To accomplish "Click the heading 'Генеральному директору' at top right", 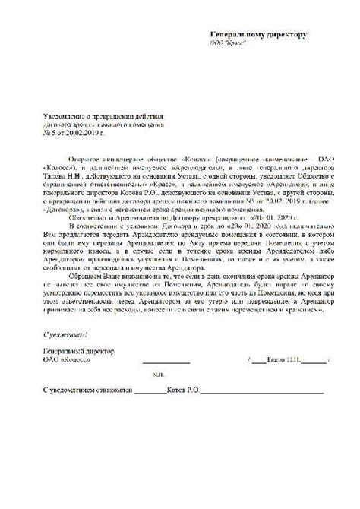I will click(x=258, y=34).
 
